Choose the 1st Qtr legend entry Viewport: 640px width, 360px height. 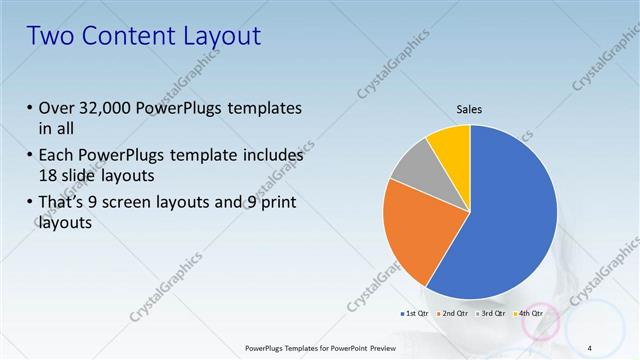tap(414, 314)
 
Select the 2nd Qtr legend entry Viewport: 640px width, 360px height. tap(453, 314)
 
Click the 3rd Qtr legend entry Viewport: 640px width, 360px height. tap(492, 314)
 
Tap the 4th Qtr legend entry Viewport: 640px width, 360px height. tap(529, 314)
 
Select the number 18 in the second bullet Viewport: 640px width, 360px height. tap(48, 174)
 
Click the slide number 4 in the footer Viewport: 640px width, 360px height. tap(589, 347)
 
